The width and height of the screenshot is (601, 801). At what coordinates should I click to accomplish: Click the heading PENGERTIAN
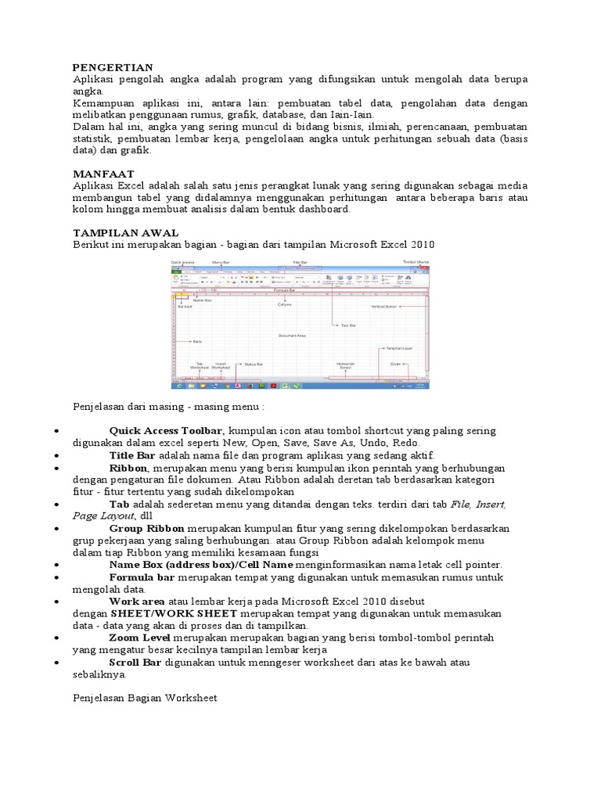click(x=113, y=68)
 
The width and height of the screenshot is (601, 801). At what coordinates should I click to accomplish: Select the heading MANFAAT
click(x=103, y=174)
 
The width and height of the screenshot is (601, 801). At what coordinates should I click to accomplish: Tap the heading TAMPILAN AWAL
click(x=125, y=233)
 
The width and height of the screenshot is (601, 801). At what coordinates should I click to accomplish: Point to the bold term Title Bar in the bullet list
click(x=132, y=455)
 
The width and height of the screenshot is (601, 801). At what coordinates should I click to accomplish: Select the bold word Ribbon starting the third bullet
click(x=128, y=468)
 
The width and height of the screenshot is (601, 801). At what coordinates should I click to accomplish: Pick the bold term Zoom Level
click(x=139, y=638)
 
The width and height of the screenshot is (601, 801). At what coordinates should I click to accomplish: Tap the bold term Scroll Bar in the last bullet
click(x=135, y=663)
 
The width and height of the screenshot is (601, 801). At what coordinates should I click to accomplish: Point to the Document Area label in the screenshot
click(x=291, y=336)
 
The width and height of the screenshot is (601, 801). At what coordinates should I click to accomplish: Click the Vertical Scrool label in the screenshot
click(x=386, y=307)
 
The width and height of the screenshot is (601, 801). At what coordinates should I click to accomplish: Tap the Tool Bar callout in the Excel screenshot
click(x=348, y=325)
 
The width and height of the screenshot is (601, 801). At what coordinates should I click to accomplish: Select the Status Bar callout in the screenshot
click(x=254, y=364)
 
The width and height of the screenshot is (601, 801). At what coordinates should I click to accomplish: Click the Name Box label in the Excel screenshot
click(x=202, y=300)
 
